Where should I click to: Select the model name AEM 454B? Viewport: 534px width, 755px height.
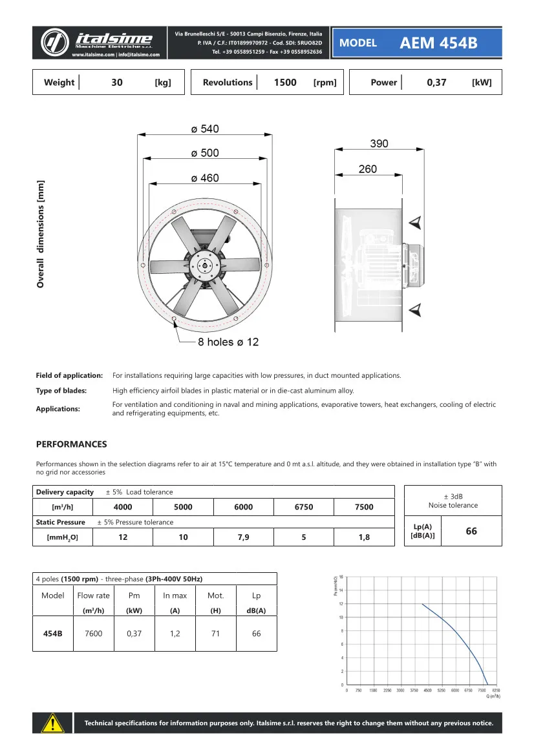(x=438, y=43)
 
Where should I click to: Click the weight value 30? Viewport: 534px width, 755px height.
(x=117, y=83)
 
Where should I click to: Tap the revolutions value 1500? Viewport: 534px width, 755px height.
(x=285, y=83)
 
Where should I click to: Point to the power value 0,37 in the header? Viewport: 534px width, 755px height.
(x=436, y=83)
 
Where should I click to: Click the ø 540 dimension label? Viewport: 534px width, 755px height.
(x=205, y=129)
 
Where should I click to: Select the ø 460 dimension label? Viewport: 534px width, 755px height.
(x=205, y=178)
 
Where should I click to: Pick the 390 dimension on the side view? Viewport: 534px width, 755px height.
(x=379, y=143)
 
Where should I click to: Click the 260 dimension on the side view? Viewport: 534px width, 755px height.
(x=367, y=169)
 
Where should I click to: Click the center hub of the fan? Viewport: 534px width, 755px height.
(x=204, y=264)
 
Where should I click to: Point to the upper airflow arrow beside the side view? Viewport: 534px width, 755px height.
(x=416, y=223)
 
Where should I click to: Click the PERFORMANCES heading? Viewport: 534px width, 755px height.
(x=71, y=444)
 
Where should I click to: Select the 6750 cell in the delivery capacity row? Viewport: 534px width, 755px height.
(x=304, y=507)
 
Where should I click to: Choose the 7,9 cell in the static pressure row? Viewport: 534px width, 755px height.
(x=244, y=537)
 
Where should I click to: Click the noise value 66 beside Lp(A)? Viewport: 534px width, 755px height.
(x=471, y=531)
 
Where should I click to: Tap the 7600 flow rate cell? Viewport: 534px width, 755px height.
(x=93, y=634)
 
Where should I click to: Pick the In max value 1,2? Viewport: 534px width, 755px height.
(x=175, y=634)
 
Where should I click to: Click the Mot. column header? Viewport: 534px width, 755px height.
(x=215, y=595)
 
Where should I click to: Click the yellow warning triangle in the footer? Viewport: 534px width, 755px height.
(x=52, y=723)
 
